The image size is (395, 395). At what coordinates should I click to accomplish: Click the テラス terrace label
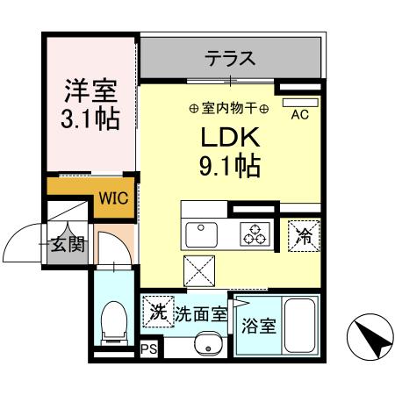tap(230, 60)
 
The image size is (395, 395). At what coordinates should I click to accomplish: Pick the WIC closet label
tap(112, 197)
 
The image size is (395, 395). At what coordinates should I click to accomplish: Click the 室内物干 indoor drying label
tap(229, 108)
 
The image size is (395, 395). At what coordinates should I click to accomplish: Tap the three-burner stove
tap(255, 234)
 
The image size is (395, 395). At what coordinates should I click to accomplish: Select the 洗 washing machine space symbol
tap(157, 311)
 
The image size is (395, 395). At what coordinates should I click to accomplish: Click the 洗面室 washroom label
tap(200, 312)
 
